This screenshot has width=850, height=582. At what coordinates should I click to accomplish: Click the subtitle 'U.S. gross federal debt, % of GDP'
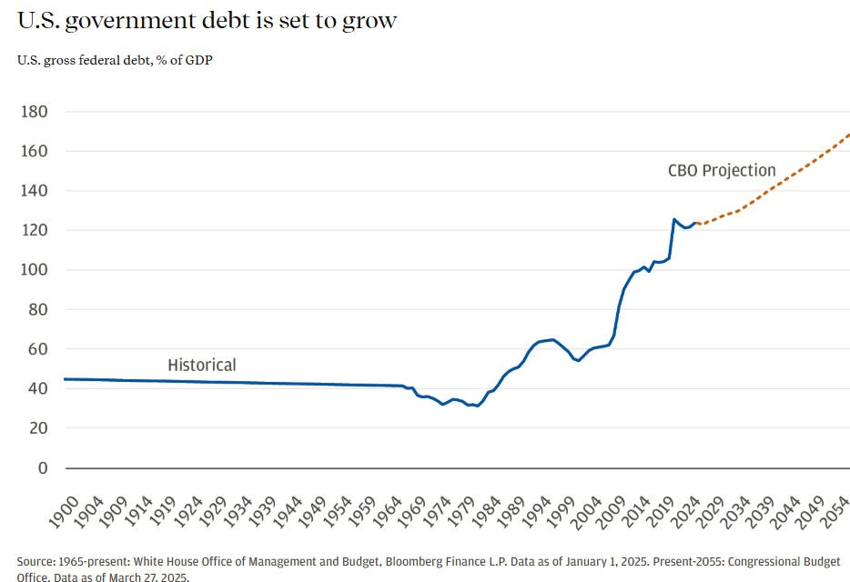click(115, 61)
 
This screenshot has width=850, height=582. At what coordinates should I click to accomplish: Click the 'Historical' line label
click(202, 365)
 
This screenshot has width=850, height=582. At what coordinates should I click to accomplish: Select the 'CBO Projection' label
click(722, 170)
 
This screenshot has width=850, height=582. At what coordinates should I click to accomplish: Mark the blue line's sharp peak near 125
click(673, 219)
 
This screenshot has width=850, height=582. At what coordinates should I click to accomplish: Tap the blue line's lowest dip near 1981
click(477, 406)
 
